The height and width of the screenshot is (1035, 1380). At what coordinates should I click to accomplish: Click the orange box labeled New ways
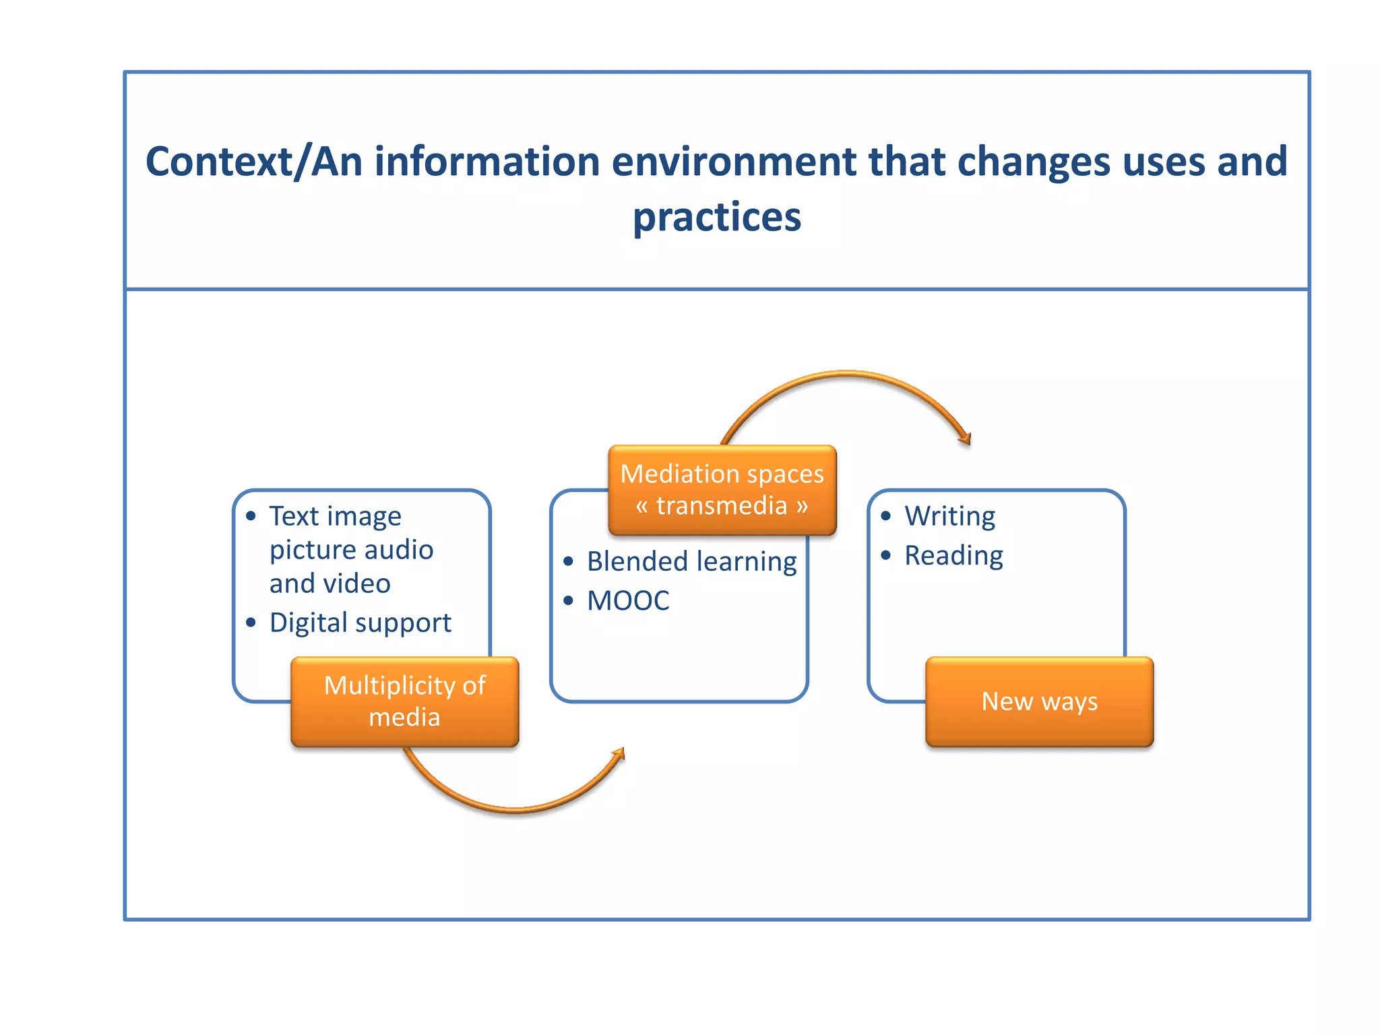click(1039, 701)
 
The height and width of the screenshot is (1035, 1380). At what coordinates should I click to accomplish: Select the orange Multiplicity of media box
click(404, 701)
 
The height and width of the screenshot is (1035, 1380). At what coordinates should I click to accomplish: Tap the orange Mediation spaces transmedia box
click(722, 490)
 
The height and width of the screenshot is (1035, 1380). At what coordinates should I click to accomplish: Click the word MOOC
click(628, 600)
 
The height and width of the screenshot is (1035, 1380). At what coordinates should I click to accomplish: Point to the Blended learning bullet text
click(691, 561)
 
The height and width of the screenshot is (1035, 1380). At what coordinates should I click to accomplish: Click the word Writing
click(949, 516)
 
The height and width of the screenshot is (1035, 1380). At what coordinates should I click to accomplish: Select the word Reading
click(953, 556)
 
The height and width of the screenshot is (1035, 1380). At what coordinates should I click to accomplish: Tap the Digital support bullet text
click(360, 623)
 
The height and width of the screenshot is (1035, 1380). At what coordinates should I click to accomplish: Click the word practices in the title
click(717, 217)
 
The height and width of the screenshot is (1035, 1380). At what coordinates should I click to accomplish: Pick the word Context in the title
click(219, 162)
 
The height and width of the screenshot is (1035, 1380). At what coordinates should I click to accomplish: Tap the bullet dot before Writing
click(886, 516)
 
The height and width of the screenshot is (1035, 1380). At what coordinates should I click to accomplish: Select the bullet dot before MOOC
click(568, 600)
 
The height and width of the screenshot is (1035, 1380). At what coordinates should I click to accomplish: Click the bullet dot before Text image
click(251, 516)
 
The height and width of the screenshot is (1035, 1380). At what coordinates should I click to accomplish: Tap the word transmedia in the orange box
click(722, 505)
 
